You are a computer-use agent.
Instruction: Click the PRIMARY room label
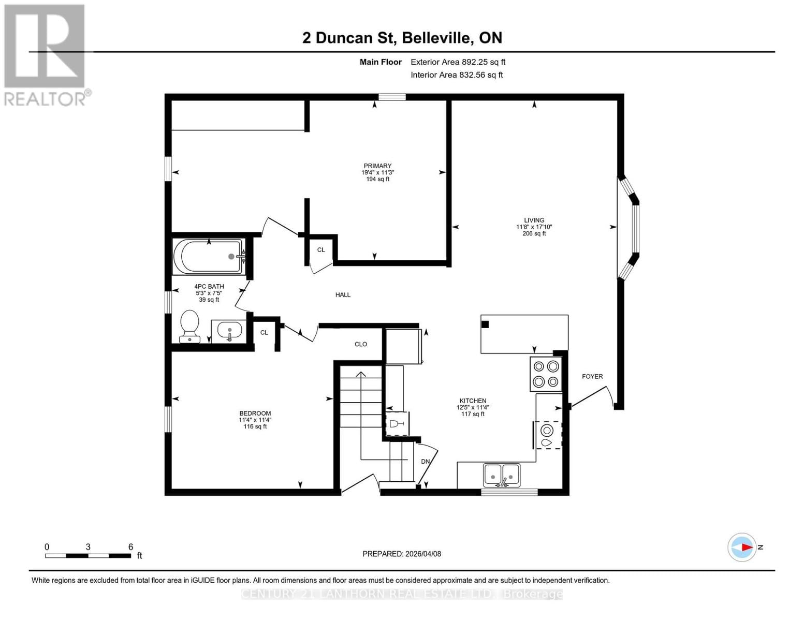pyautogui.click(x=377, y=166)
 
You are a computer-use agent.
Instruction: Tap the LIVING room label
pyautogui.click(x=534, y=220)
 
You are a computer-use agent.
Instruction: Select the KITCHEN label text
pyautogui.click(x=473, y=401)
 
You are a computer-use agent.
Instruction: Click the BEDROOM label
pyautogui.click(x=255, y=413)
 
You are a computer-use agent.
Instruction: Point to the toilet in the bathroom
pyautogui.click(x=189, y=326)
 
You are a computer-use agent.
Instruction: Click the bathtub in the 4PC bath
pyautogui.click(x=209, y=256)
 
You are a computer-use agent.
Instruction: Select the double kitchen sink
pyautogui.click(x=502, y=475)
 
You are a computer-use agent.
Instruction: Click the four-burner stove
pyautogui.click(x=546, y=374)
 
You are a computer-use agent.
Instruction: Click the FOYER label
pyautogui.click(x=592, y=377)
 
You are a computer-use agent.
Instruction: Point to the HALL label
pyautogui.click(x=343, y=295)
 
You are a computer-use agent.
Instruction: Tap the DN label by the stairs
pyautogui.click(x=425, y=462)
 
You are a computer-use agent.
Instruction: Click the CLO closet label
pyautogui.click(x=361, y=344)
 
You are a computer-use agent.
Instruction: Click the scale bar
pyautogui.click(x=88, y=556)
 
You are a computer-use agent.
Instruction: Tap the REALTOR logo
pyautogui.click(x=46, y=55)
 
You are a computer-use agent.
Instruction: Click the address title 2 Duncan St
pyautogui.click(x=402, y=38)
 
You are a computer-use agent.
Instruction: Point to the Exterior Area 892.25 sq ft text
pyautogui.click(x=458, y=62)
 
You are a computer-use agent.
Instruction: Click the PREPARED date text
pyautogui.click(x=402, y=554)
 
